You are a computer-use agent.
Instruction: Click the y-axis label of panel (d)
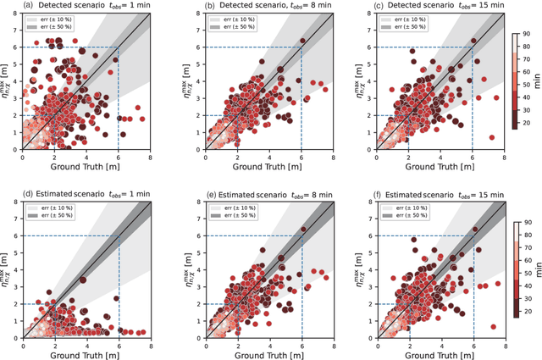(x=7, y=269)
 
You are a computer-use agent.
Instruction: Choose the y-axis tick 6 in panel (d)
(x=16, y=235)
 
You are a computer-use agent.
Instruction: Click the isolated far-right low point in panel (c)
(x=492, y=137)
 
